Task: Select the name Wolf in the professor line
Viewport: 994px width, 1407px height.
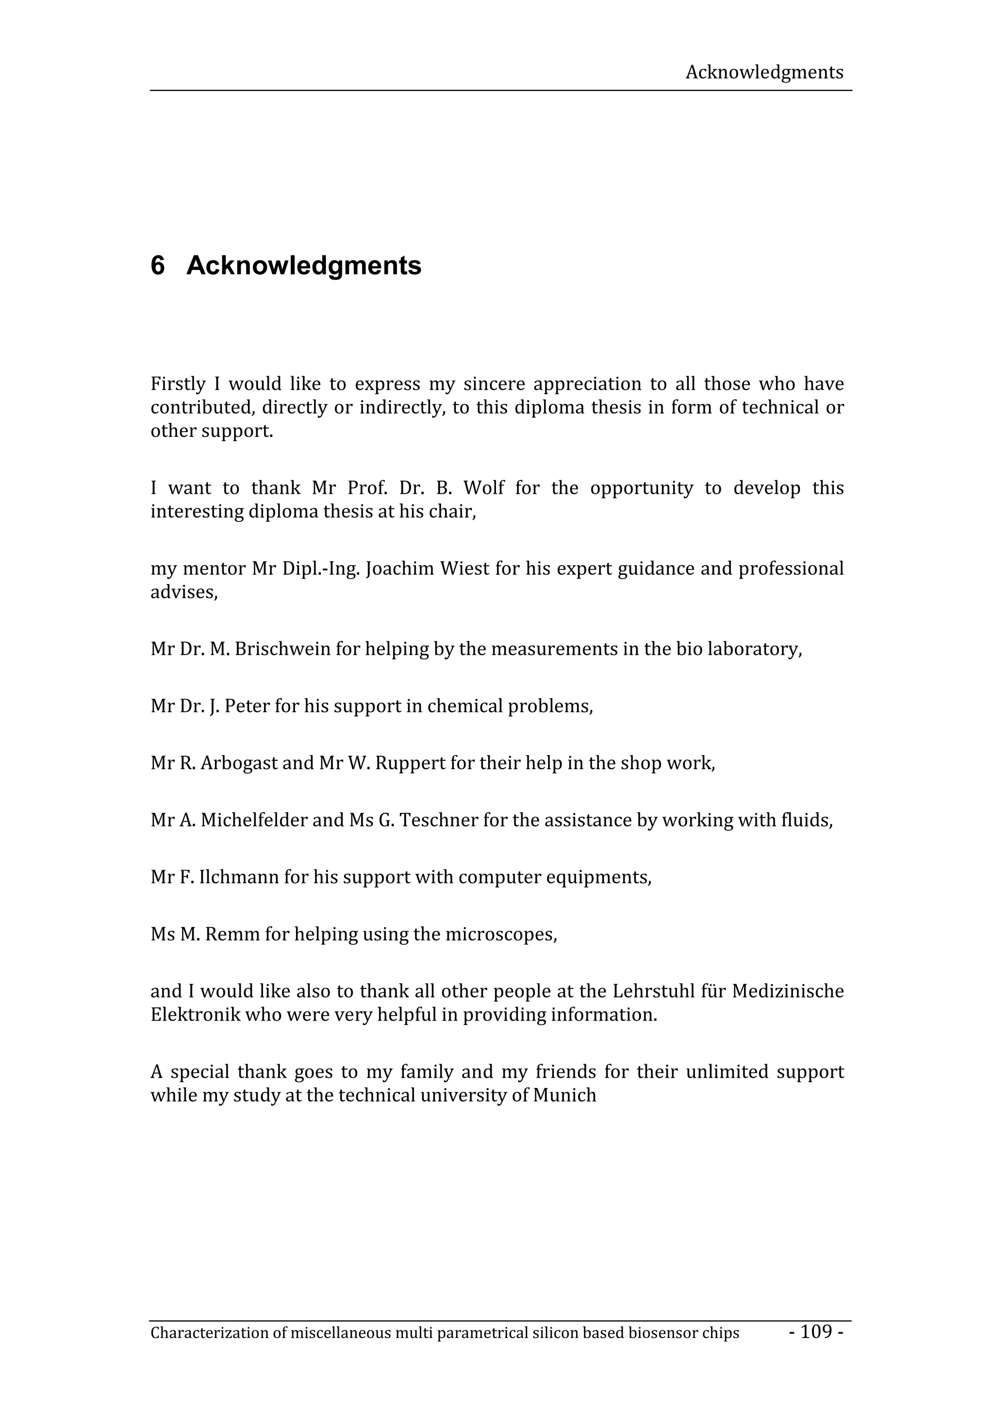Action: [484, 488]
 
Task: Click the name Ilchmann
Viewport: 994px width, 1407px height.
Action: [238, 877]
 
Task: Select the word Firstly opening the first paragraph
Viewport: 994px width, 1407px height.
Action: [178, 384]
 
